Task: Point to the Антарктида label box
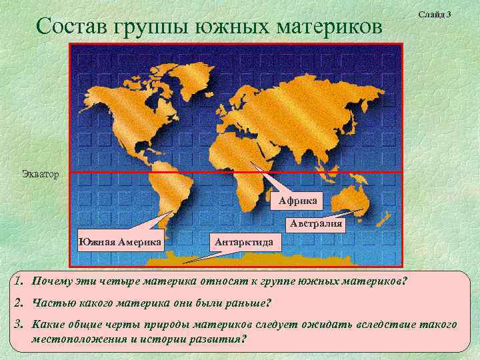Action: point(245,241)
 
